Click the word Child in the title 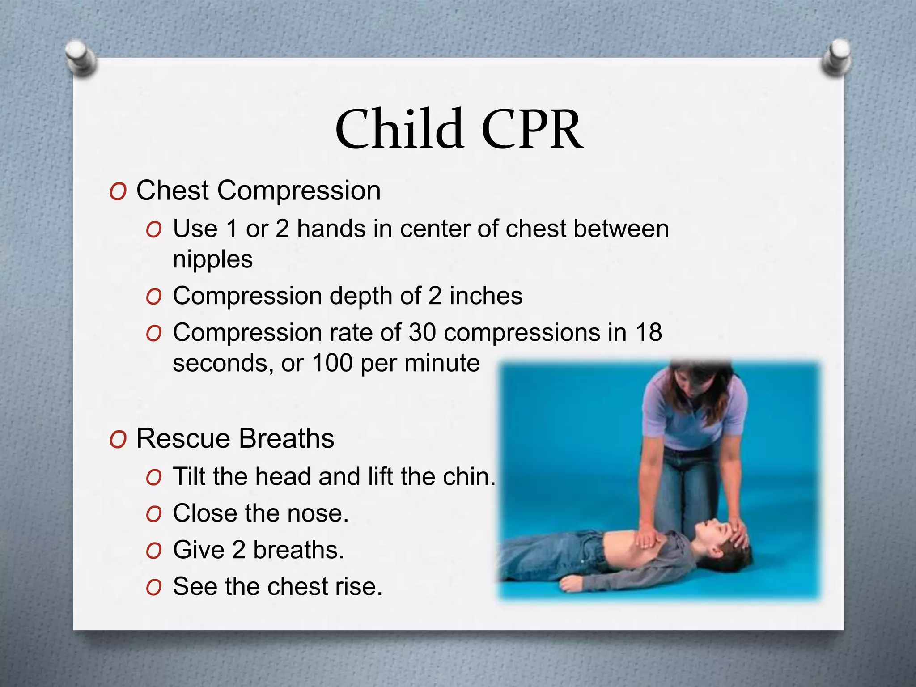coord(399,130)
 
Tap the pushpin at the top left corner coord(81,58)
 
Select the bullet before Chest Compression coord(118,192)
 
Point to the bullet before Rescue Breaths coord(118,440)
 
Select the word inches coord(486,296)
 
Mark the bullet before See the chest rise coord(153,588)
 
